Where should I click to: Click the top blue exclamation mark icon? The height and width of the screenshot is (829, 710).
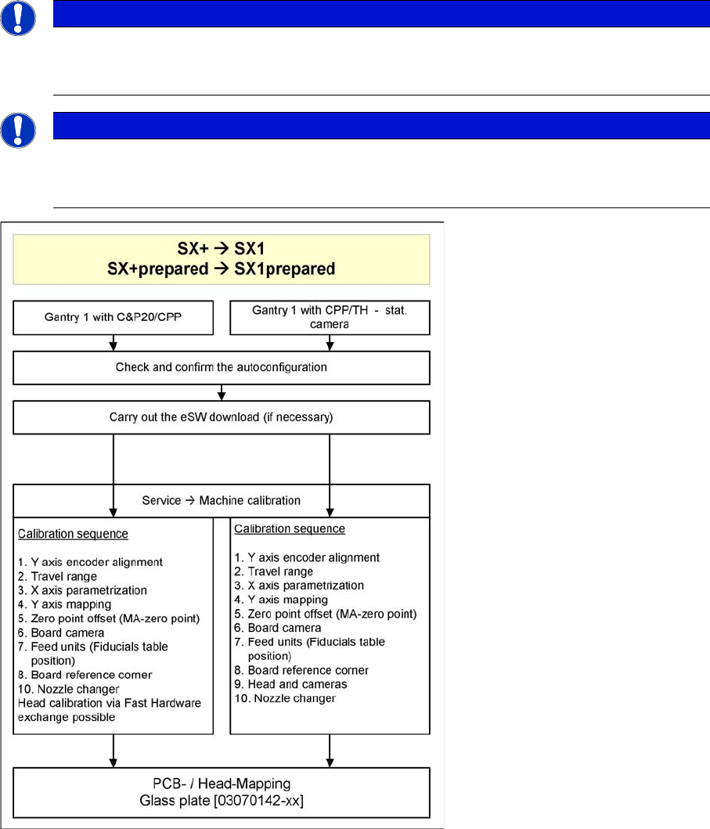click(18, 17)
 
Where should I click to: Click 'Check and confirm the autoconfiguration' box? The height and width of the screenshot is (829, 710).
click(222, 366)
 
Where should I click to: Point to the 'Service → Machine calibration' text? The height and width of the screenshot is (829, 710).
click(222, 499)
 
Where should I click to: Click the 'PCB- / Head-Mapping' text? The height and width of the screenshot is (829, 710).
click(222, 783)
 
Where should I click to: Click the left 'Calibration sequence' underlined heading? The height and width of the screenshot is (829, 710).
click(72, 534)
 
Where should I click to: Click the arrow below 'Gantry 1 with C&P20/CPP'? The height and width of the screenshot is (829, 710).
click(114, 343)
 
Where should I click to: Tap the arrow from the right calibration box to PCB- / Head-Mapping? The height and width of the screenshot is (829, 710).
click(330, 750)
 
